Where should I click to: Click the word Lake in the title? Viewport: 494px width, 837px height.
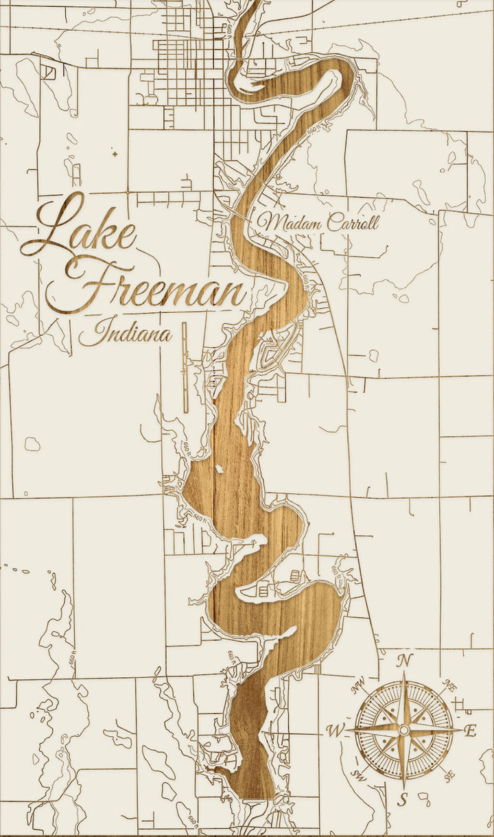(x=79, y=226)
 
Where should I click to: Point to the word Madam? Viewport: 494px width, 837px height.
(x=292, y=223)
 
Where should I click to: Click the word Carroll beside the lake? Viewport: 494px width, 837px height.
(x=352, y=223)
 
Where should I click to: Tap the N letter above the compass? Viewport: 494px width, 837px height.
(x=405, y=661)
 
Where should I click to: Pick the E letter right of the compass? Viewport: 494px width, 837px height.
(x=471, y=731)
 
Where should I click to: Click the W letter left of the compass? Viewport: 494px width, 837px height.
(x=336, y=731)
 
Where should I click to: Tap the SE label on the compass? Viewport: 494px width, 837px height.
(x=449, y=776)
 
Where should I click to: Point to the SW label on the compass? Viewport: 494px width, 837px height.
(x=358, y=775)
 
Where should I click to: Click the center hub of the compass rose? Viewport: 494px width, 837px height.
(x=404, y=729)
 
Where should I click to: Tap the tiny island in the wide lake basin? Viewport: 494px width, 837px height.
(x=219, y=469)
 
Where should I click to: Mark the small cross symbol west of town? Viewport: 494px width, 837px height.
(x=114, y=154)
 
